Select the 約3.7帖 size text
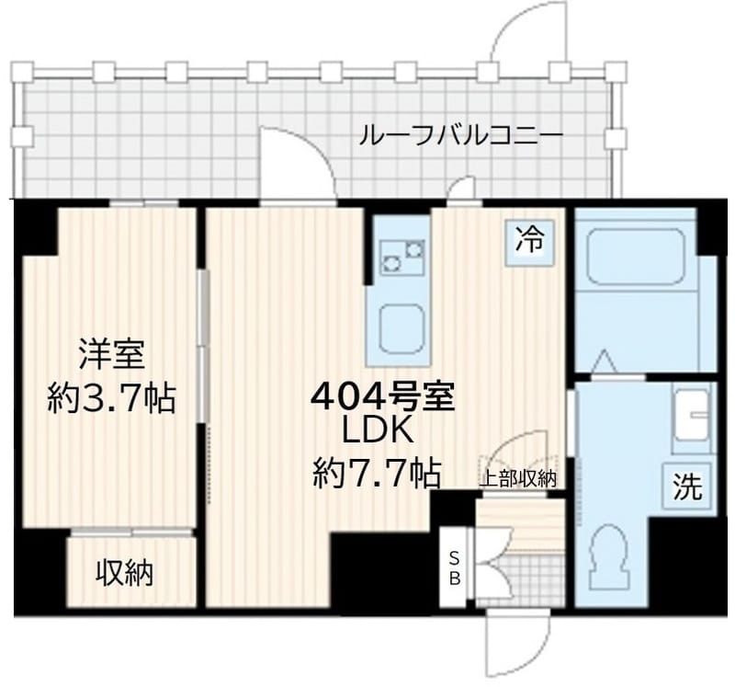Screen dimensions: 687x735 [111, 398]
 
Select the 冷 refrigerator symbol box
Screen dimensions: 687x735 [528, 242]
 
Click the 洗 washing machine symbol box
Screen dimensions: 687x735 [688, 487]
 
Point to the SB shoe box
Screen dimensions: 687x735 [454, 567]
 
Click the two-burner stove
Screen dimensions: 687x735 [401, 255]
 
